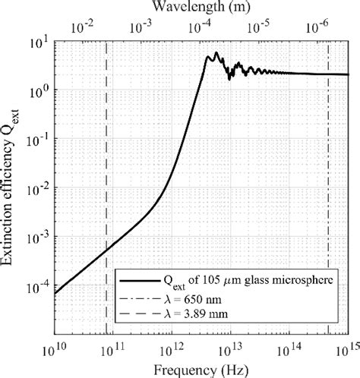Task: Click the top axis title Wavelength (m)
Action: click(x=201, y=7)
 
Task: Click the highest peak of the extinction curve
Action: click(x=216, y=53)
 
